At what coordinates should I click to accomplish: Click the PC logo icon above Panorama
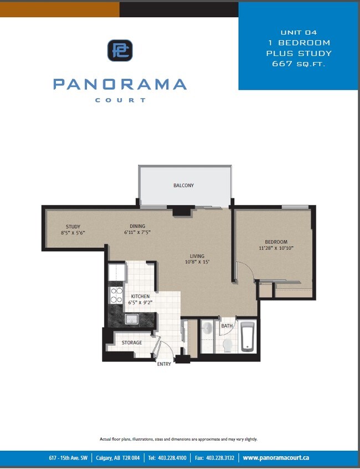point(120,50)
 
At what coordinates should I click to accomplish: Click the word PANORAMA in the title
point(120,84)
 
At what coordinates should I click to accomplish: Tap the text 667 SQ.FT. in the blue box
point(298,64)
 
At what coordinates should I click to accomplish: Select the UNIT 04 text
point(298,32)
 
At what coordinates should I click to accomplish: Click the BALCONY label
point(183,186)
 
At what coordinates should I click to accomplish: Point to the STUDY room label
point(73,227)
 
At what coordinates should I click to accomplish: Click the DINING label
point(137,226)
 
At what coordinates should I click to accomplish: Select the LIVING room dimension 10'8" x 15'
point(197,262)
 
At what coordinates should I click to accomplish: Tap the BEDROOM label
point(275,242)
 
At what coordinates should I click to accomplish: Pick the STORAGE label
point(132,343)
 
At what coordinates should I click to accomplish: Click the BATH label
point(227,327)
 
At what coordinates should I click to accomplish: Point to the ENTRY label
point(164,364)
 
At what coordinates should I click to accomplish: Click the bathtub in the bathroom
point(247,337)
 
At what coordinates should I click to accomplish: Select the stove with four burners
point(116,295)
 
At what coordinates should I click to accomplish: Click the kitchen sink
point(131,319)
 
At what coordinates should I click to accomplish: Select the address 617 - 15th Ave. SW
point(68,458)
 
